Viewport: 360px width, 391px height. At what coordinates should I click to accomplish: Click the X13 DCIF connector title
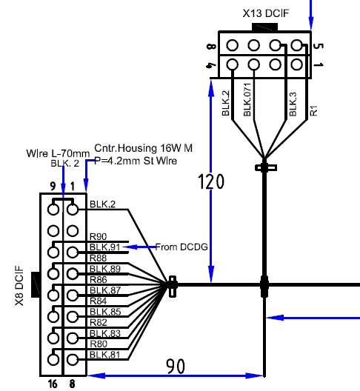click(x=266, y=13)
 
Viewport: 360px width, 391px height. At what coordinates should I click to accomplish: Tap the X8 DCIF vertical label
click(x=19, y=286)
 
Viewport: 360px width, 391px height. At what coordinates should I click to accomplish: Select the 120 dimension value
click(x=211, y=181)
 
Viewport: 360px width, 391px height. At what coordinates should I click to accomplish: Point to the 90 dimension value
click(x=176, y=367)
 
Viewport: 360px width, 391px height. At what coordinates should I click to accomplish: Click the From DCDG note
click(x=181, y=247)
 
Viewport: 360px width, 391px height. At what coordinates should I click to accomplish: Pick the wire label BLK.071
click(x=247, y=99)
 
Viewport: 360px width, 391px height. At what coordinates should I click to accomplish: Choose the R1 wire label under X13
click(x=314, y=110)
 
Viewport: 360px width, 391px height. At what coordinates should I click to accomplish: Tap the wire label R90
click(x=98, y=236)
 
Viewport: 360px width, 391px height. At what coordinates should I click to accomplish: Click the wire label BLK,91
click(x=104, y=247)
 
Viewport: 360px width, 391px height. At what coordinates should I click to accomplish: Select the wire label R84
click(x=98, y=301)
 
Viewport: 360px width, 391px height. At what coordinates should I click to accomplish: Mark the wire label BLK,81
click(x=104, y=354)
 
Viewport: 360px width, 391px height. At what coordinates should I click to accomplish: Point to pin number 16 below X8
click(x=53, y=384)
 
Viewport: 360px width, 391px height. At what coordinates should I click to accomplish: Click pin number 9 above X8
click(x=53, y=186)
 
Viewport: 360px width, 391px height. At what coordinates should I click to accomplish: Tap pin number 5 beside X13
click(x=318, y=46)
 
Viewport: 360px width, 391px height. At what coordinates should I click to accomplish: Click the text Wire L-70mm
click(x=58, y=153)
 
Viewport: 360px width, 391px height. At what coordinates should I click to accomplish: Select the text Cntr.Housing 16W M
click(x=143, y=148)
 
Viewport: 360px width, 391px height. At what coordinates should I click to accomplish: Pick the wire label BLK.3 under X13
click(x=293, y=104)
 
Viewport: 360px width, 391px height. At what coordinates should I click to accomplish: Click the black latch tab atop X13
click(x=264, y=27)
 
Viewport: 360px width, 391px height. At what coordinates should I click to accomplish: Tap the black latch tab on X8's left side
click(x=36, y=284)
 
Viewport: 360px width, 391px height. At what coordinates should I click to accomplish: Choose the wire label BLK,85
click(x=105, y=312)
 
